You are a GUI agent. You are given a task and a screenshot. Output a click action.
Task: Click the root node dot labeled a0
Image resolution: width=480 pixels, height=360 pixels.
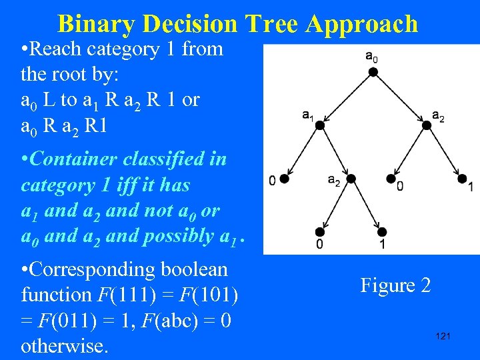373,71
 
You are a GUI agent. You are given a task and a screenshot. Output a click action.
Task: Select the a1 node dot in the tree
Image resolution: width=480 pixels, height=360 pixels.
320,125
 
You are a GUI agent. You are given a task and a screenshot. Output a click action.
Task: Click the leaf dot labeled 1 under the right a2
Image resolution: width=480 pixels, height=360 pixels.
461,179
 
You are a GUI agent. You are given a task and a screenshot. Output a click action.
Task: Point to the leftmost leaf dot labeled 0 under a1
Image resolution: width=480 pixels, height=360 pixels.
284,179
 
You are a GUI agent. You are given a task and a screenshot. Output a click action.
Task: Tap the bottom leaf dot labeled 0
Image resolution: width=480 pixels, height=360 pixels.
320,232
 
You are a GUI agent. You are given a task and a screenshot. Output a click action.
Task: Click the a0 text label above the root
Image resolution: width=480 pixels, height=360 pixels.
372,57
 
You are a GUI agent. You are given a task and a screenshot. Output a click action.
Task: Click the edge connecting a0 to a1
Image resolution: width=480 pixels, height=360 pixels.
347,98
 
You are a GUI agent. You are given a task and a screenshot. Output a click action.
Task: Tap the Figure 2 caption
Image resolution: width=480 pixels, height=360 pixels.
395,285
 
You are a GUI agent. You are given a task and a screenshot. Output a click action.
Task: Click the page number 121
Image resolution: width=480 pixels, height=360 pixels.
443,336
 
